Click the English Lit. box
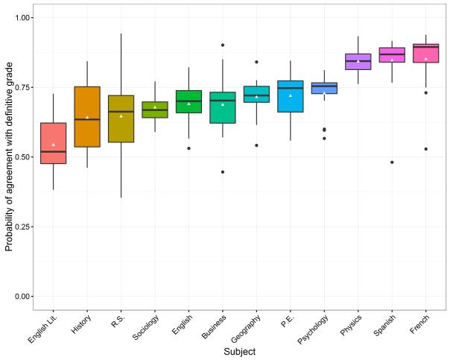(x=53, y=143)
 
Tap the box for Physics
(x=358, y=62)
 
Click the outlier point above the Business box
(x=223, y=45)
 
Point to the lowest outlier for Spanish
(x=392, y=162)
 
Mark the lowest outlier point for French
(x=425, y=149)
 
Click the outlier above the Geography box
(x=256, y=62)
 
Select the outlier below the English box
(x=188, y=148)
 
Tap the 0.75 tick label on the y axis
(x=24, y=87)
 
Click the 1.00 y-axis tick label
(x=24, y=17)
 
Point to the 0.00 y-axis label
(x=24, y=297)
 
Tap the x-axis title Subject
(x=240, y=350)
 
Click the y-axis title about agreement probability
(x=9, y=157)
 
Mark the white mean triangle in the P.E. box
(x=291, y=95)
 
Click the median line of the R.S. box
(x=121, y=112)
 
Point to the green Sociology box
(x=155, y=110)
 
